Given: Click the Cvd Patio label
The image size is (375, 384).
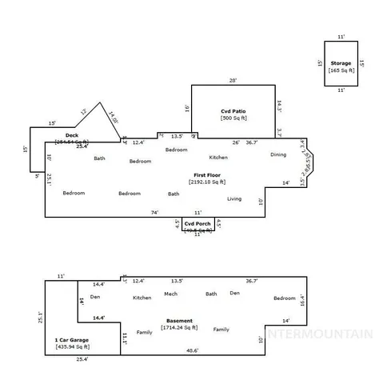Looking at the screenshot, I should click(x=232, y=110).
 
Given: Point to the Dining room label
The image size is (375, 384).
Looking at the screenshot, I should click(x=277, y=154).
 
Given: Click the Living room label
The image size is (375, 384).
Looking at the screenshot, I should click(x=234, y=198).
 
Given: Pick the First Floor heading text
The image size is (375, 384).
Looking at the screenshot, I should click(x=206, y=174).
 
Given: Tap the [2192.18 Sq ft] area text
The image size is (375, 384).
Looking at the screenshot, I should click(x=207, y=182).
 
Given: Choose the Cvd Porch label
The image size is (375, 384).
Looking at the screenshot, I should click(x=197, y=223).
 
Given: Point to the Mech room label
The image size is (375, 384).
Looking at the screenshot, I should click(x=170, y=294).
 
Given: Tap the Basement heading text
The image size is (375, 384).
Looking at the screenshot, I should click(x=180, y=320).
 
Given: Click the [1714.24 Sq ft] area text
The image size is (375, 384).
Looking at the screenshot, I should click(x=180, y=328).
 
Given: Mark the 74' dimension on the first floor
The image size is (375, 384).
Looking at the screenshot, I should click(x=155, y=212).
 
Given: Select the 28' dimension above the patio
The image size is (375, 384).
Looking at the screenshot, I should click(x=233, y=80).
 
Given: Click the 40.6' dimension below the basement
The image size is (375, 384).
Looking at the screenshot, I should click(x=192, y=350).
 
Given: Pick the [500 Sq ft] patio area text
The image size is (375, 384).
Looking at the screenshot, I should click(x=232, y=118).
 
